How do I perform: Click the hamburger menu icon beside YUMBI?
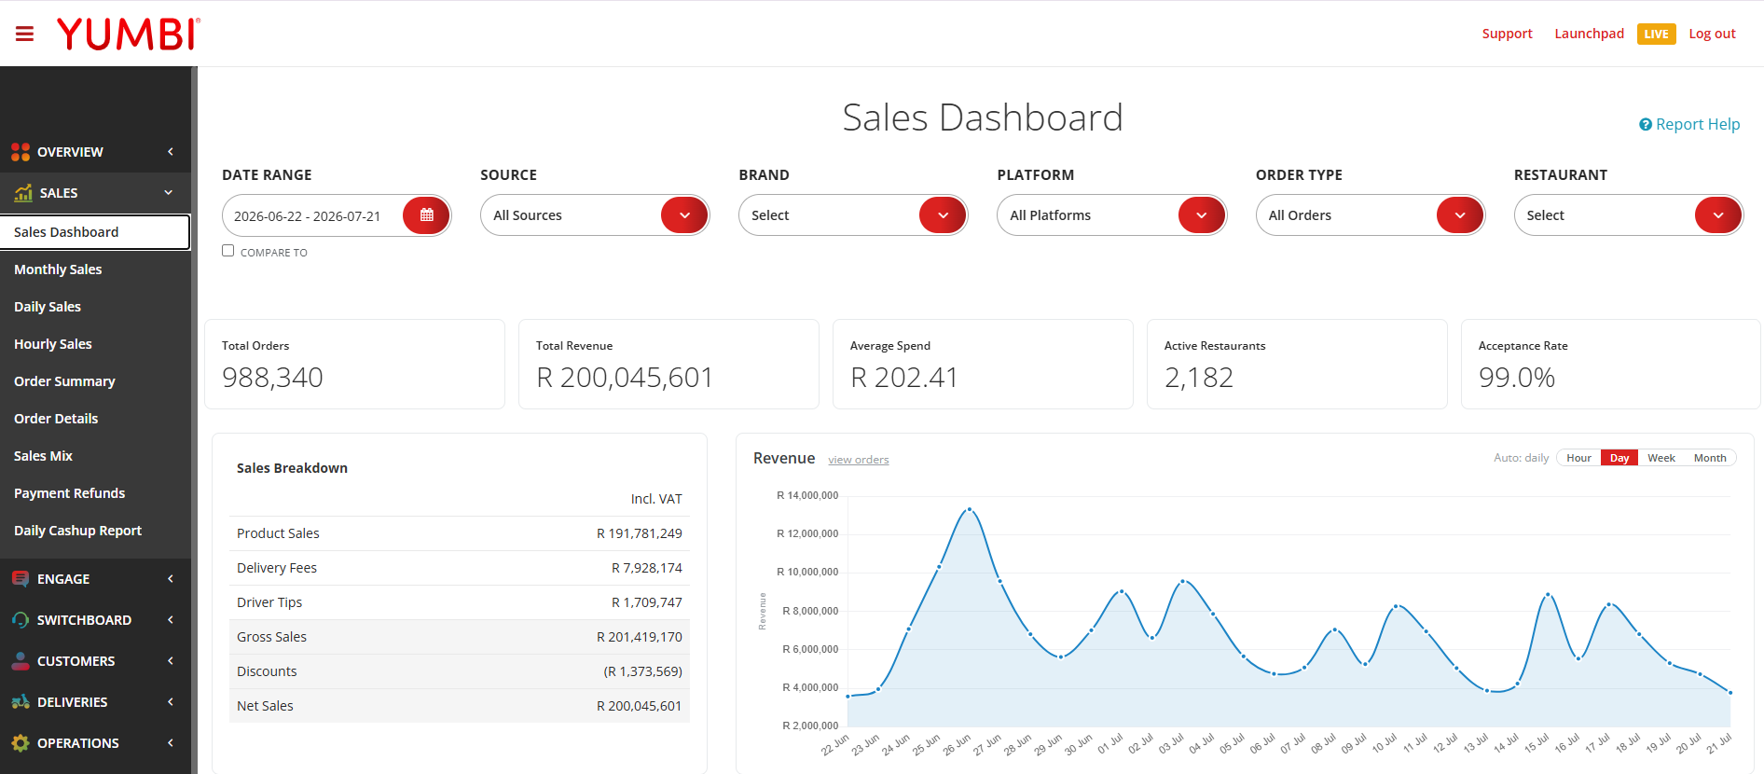(x=24, y=34)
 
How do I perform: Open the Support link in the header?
(x=1507, y=34)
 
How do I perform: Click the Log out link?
(x=1712, y=34)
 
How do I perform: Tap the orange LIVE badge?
(x=1656, y=34)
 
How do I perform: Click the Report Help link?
(x=1689, y=124)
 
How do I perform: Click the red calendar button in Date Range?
(x=426, y=215)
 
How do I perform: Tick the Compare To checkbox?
(x=227, y=251)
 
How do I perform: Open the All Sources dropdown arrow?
(x=684, y=215)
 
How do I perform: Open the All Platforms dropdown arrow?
(x=1201, y=215)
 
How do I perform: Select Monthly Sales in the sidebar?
(x=58, y=270)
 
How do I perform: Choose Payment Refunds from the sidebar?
(x=69, y=493)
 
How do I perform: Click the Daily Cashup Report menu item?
(x=77, y=531)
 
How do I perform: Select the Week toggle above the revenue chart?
(x=1661, y=458)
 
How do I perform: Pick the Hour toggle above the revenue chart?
(x=1578, y=458)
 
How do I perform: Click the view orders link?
(x=858, y=460)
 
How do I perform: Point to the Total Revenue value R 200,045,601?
(x=625, y=378)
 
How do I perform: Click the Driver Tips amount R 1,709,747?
(x=647, y=602)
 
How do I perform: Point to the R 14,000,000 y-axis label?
(x=807, y=495)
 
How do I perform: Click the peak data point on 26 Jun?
(x=970, y=509)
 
